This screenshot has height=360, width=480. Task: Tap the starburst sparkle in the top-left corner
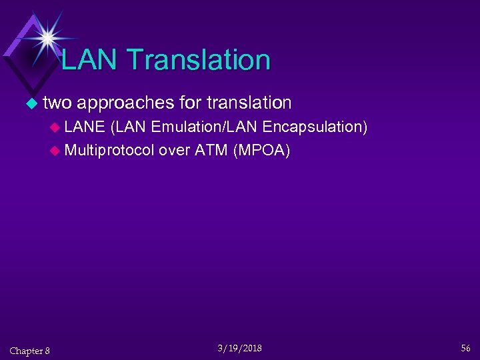point(47,36)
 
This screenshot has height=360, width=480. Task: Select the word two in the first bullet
point(57,103)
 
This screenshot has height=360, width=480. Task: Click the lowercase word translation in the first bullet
point(249,103)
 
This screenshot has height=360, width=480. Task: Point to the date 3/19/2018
point(240,349)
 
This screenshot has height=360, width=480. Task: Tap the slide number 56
point(465,349)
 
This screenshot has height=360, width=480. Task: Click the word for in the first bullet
point(191,103)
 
